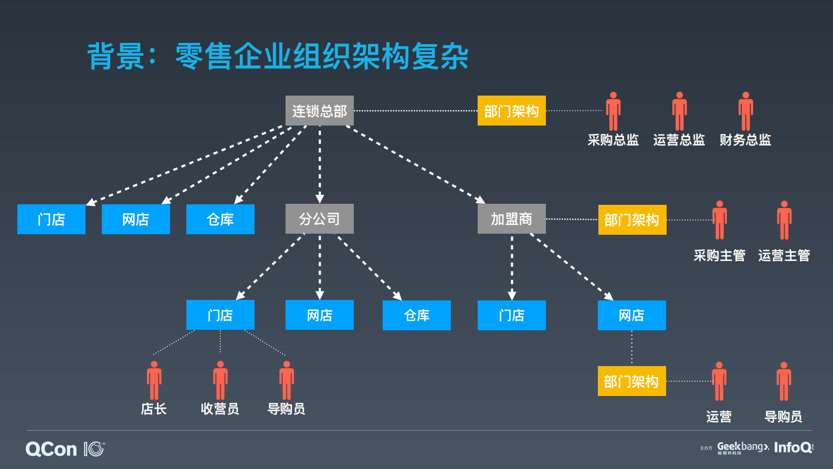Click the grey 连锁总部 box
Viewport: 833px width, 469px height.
click(x=319, y=111)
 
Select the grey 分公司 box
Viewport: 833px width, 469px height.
click(x=319, y=218)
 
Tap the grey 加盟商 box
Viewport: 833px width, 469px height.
click(x=511, y=218)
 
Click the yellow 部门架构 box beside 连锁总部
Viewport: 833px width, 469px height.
click(x=511, y=111)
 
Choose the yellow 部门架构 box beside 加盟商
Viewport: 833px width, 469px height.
click(x=632, y=220)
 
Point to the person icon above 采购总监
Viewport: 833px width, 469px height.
click(x=613, y=111)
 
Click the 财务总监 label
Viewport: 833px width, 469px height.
click(x=745, y=140)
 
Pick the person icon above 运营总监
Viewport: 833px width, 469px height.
click(x=679, y=111)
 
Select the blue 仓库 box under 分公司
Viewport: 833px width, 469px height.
click(x=416, y=315)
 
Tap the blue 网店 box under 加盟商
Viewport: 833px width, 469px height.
click(x=631, y=315)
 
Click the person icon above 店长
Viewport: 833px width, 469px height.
click(x=154, y=380)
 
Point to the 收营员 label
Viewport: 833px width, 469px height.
click(x=220, y=409)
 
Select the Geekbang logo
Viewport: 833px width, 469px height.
click(x=743, y=447)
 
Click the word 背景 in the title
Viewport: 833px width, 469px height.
click(x=115, y=56)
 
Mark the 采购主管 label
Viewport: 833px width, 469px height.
click(x=719, y=256)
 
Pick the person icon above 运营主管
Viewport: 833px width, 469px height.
click(x=784, y=220)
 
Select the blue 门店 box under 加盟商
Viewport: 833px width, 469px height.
click(x=511, y=315)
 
